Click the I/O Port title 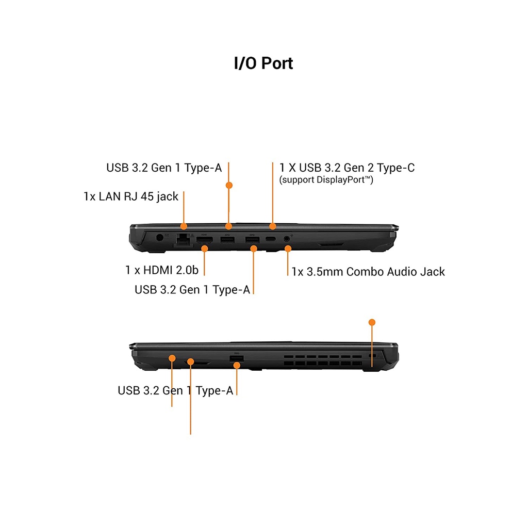point(263,63)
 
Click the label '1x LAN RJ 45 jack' point(131,196)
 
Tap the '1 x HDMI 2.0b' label point(162,270)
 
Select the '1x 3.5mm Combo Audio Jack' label point(368,272)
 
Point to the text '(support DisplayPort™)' point(326,180)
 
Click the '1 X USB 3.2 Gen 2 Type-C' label point(346,168)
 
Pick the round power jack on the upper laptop point(160,238)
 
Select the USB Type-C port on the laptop point(271,239)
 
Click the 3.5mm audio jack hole point(287,239)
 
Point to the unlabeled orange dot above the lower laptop point(372,322)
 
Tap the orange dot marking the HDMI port point(205,249)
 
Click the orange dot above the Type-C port point(273,226)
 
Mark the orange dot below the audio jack point(288,249)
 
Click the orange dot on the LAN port point(184,226)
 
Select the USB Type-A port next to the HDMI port point(227,239)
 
